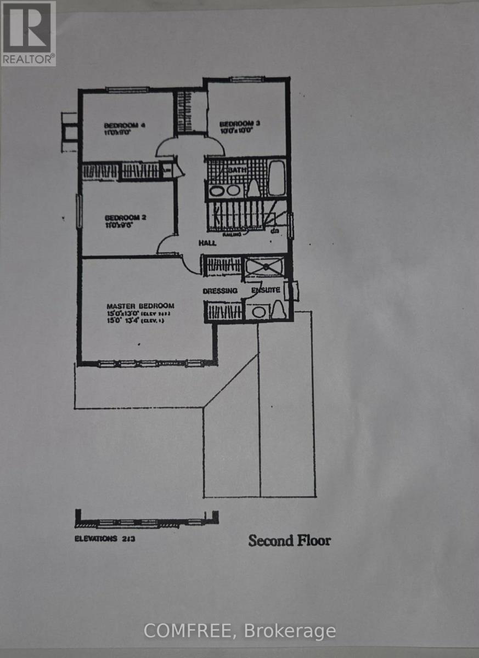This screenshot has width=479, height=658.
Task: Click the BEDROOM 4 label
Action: click(x=125, y=124)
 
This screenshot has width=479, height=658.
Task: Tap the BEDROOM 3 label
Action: click(x=240, y=123)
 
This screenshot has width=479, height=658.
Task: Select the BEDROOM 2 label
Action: click(x=125, y=217)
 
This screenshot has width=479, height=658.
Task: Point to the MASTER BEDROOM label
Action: click(x=140, y=306)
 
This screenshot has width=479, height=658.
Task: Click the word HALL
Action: click(x=208, y=242)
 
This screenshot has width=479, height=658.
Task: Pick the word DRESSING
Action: click(x=220, y=291)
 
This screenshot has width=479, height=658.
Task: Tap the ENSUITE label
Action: click(x=266, y=290)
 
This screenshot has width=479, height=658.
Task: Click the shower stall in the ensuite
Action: click(x=265, y=267)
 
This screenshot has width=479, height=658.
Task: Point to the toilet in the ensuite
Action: click(x=278, y=310)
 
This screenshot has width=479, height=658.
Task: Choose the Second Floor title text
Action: click(x=289, y=541)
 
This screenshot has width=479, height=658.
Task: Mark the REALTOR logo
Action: click(x=28, y=33)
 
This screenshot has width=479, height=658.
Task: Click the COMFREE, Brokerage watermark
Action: click(x=240, y=631)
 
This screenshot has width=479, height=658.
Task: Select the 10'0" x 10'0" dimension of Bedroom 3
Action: click(x=236, y=131)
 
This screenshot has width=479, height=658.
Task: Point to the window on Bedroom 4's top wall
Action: click(x=127, y=90)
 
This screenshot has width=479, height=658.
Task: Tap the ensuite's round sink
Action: click(x=258, y=312)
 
